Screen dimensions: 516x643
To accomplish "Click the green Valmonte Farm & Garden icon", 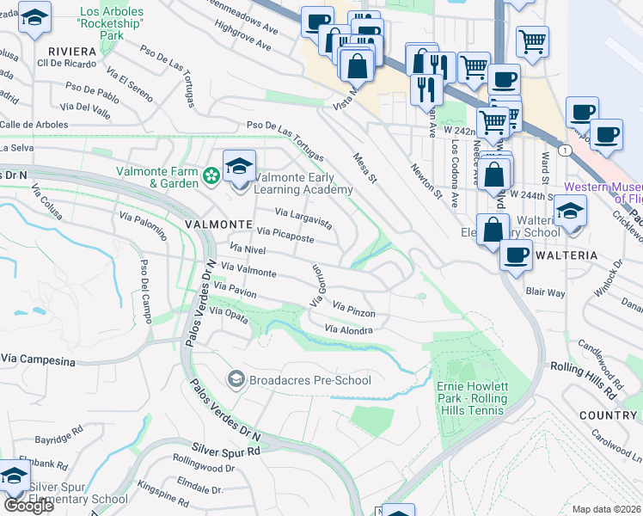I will tap(211, 176).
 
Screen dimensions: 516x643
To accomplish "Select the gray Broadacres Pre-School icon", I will tap(235, 379).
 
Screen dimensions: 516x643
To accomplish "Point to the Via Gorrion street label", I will tap(316, 286).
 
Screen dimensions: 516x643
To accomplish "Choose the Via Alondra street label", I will tap(349, 329).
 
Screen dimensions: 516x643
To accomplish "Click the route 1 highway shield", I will tap(562, 150).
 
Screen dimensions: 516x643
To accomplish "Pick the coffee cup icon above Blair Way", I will tap(517, 255).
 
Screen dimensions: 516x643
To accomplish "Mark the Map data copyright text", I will tap(606, 509).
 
